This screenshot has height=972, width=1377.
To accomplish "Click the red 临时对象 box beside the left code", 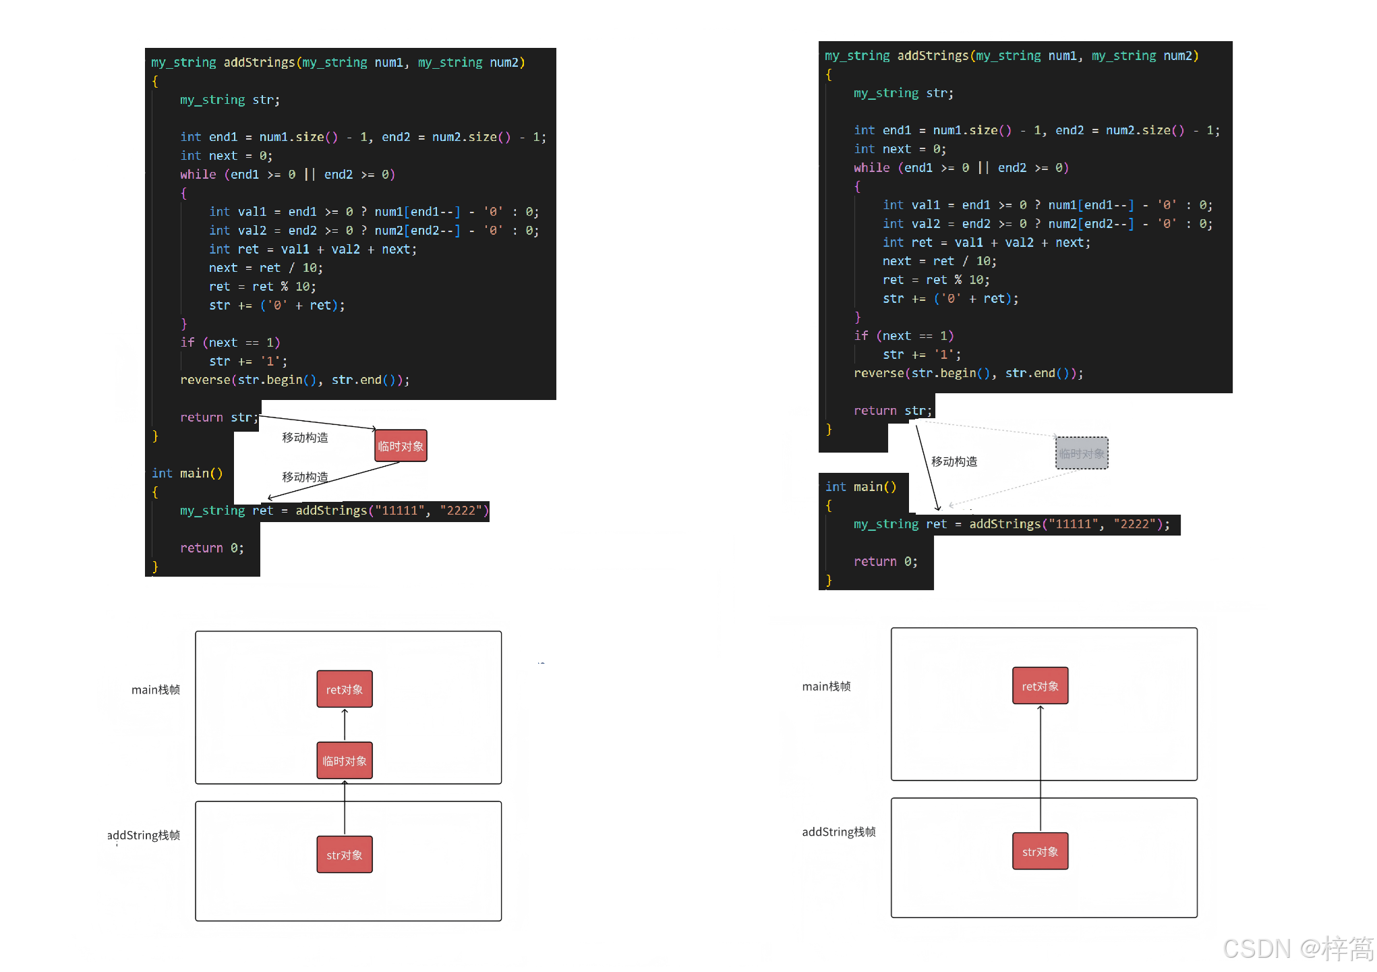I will point(401,446).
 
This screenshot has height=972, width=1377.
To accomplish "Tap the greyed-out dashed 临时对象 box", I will point(1082,453).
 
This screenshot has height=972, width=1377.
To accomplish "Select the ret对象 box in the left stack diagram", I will point(345,689).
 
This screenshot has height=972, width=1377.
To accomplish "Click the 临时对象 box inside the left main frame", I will point(345,760).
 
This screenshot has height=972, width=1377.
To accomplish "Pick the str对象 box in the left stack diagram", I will point(345,855).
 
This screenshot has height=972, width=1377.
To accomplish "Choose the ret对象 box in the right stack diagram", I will point(1040,686).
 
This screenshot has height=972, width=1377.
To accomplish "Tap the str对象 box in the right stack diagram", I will point(1040,851).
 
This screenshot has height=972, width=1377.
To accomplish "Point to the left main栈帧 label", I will point(156,689).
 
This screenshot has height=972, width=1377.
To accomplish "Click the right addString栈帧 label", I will point(838,832).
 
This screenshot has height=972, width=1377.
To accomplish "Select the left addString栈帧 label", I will point(144,835).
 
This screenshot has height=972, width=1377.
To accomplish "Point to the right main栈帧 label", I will point(826,686).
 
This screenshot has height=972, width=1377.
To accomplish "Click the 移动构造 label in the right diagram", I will point(954,461).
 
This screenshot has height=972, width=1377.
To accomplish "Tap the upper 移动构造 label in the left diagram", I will point(305,438).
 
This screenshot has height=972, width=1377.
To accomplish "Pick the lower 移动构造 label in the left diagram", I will point(305,477).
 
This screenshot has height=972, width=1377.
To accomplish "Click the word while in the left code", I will point(198,175).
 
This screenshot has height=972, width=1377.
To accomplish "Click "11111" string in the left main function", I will point(403,511).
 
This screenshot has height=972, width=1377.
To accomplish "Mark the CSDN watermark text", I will point(1297,948).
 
